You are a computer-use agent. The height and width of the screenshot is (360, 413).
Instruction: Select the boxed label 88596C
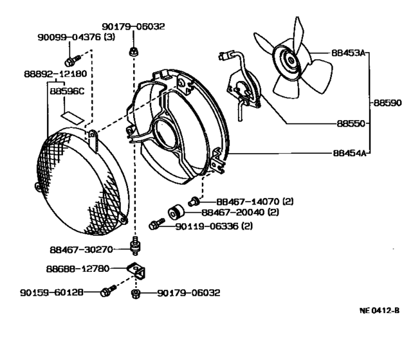(x=68, y=91)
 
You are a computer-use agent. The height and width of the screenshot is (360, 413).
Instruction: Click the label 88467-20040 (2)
(x=239, y=212)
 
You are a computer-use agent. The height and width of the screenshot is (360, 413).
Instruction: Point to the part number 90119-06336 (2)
(x=213, y=226)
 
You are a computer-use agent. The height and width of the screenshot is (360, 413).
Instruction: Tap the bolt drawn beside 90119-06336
(x=154, y=225)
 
